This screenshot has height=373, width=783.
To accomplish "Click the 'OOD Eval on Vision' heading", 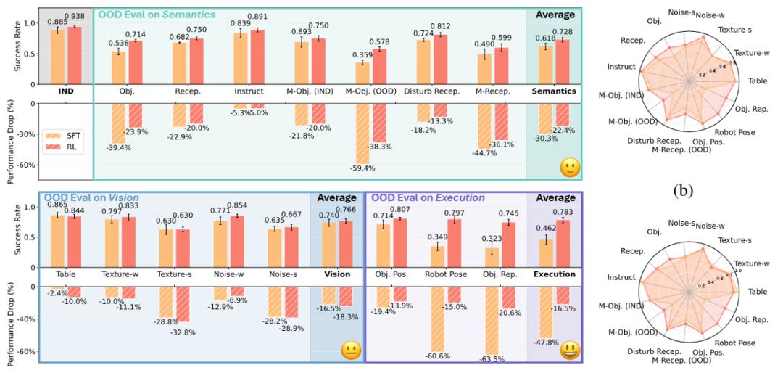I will click(x=91, y=197).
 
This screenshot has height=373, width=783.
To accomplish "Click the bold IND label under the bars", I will click(x=66, y=91).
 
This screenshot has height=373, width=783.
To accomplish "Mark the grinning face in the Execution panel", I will click(x=570, y=351).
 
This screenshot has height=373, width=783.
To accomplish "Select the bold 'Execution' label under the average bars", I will click(x=554, y=274).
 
